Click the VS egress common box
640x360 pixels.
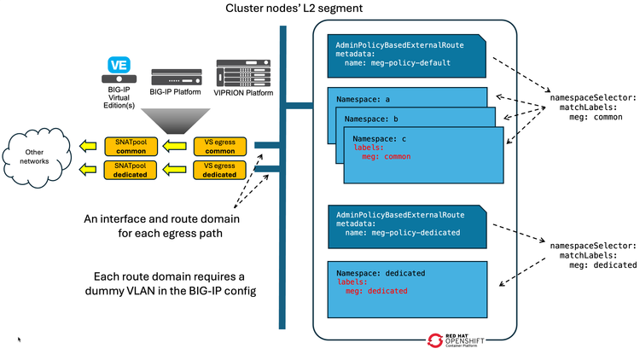pyautogui.click(x=219, y=146)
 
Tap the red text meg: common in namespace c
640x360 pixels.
pyautogui.click(x=386, y=157)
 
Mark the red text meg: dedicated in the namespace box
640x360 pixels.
pyautogui.click(x=376, y=291)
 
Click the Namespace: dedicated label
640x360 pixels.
pyautogui.click(x=381, y=272)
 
